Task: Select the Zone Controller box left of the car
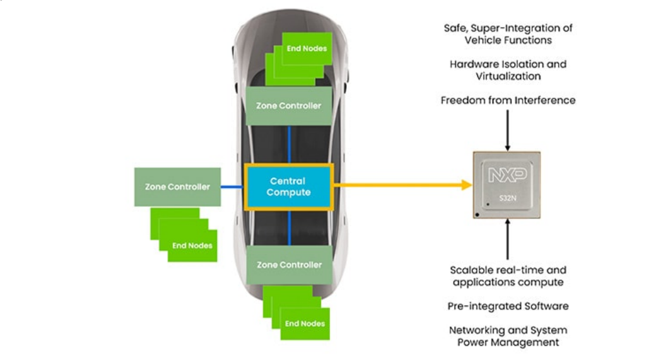178,187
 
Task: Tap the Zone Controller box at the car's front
289,105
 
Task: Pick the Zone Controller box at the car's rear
289,265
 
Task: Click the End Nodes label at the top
307,48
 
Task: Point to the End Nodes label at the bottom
306,323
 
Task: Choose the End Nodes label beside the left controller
192,246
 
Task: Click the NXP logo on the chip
507,174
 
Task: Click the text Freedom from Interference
508,100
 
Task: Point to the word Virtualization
508,76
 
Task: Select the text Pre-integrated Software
508,305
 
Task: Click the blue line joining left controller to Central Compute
231,187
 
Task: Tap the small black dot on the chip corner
477,213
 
